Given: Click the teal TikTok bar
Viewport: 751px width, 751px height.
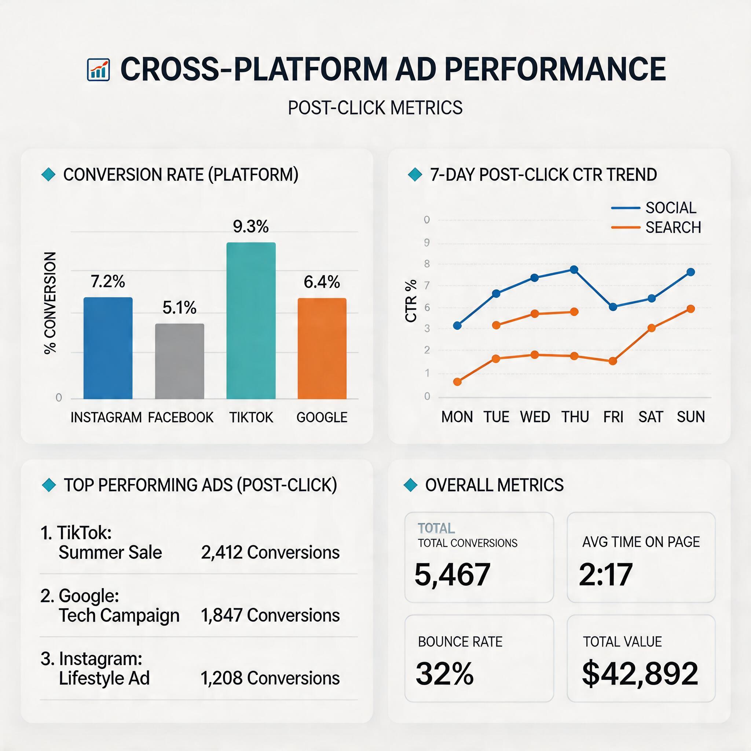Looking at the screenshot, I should click(x=251, y=321).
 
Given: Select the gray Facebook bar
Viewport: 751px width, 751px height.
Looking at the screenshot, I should click(x=179, y=361).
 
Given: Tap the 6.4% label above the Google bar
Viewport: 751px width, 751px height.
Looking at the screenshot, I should click(x=322, y=282).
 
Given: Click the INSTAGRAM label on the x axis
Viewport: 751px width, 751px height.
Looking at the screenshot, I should click(x=106, y=417).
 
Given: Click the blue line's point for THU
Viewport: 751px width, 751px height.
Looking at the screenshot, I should click(x=574, y=270).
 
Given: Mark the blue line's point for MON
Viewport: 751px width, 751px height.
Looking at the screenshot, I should click(x=458, y=325).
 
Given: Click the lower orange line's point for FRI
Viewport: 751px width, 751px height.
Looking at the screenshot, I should click(x=613, y=361).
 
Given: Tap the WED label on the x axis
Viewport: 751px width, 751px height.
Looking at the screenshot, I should click(x=535, y=417).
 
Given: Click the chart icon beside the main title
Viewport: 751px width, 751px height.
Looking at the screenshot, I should click(x=98, y=70).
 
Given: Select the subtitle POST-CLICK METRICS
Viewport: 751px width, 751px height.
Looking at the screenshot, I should click(x=375, y=108).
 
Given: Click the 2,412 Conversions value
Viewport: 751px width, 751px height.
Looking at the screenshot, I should click(x=270, y=552).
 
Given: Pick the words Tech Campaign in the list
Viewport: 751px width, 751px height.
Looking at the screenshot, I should click(x=119, y=615).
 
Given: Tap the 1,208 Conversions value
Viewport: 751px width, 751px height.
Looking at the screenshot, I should click(x=270, y=678).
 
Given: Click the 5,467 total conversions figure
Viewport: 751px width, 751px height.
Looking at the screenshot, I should click(x=452, y=574).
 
